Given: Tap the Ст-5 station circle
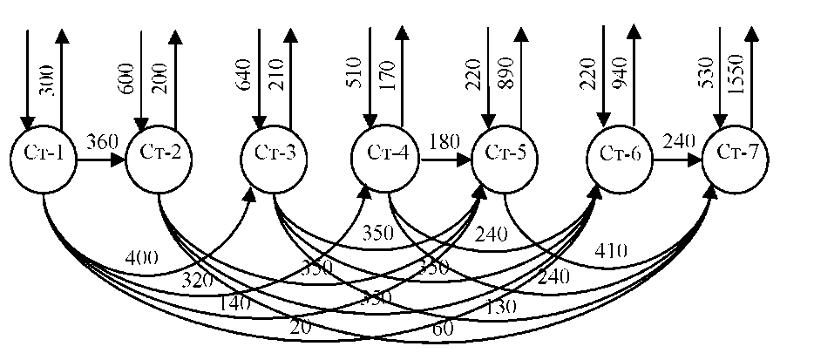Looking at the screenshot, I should pos(505,155).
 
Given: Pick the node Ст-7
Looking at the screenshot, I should pos(736,155).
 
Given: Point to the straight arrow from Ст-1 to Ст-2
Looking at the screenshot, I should pos(100,160).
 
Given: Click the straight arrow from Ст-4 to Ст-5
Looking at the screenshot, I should pos(445,160).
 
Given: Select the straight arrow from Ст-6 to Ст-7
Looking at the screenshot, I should pos(677,160).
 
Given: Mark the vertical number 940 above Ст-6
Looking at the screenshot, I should pos(621,77).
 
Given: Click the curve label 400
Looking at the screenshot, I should pos(142,257).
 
